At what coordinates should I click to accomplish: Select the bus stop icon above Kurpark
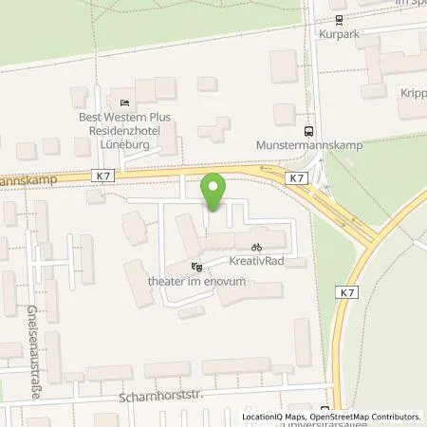337,18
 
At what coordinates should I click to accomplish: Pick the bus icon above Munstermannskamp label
306,132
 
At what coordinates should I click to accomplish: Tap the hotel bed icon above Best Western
125,102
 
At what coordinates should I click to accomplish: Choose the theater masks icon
196,267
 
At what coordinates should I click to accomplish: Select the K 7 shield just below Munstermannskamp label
298,177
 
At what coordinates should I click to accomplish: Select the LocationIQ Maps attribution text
269,417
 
